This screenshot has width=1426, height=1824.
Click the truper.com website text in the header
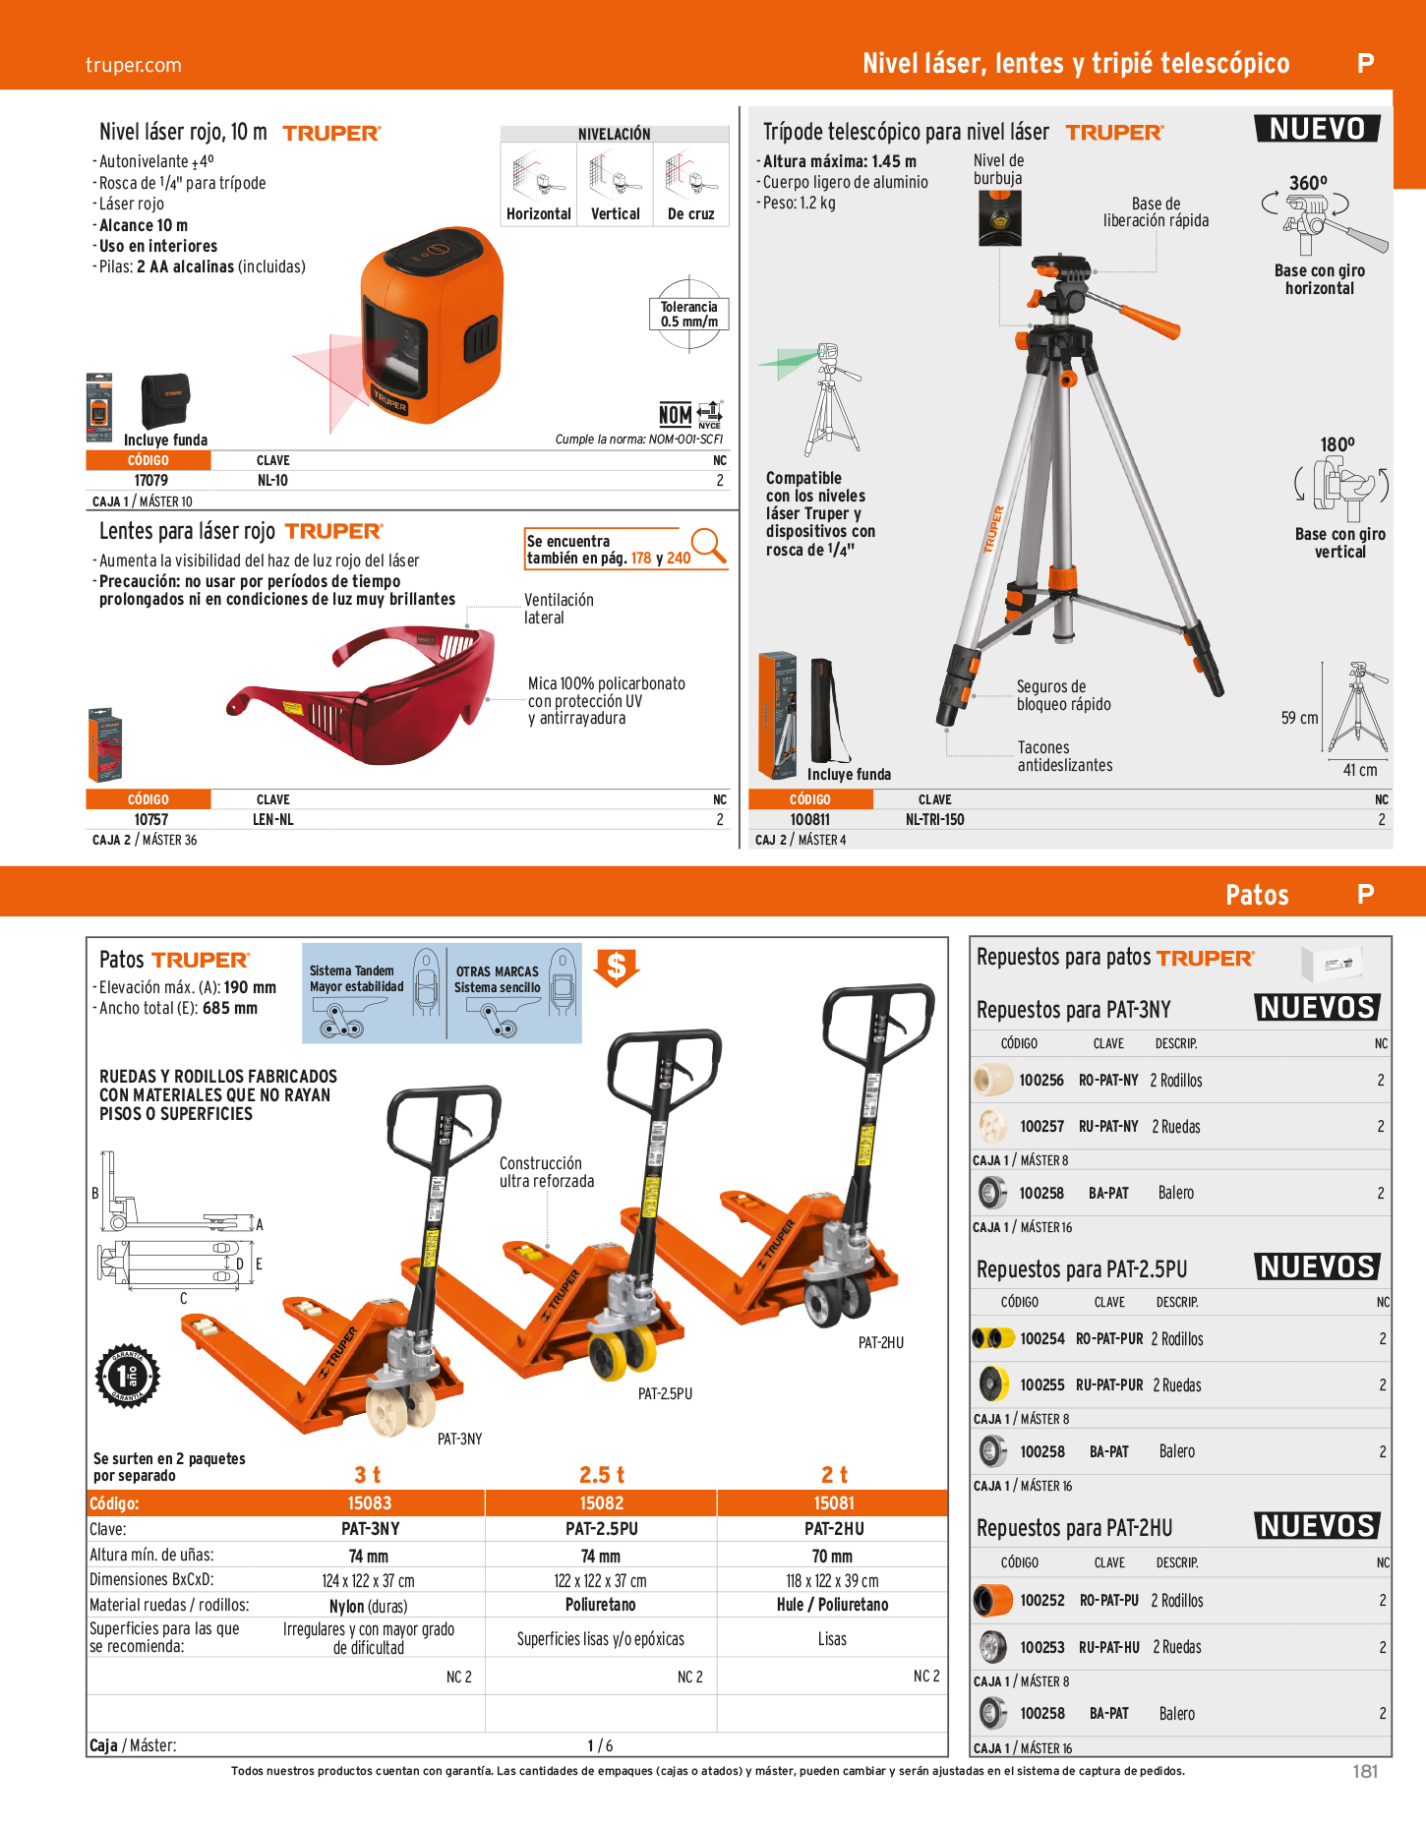tap(134, 65)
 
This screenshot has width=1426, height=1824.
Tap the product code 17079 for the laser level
tap(150, 481)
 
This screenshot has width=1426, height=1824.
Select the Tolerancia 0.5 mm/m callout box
tap(689, 314)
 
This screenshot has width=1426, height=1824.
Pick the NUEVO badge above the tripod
tap(1317, 129)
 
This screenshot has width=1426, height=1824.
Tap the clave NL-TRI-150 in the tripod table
tap(934, 819)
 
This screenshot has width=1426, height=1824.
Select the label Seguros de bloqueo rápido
tap(1063, 695)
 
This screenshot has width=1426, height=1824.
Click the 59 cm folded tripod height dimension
tap(1299, 718)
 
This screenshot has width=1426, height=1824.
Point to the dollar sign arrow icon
tap(617, 968)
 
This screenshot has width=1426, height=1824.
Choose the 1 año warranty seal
tap(127, 1375)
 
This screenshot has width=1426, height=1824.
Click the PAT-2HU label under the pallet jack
tap(880, 1343)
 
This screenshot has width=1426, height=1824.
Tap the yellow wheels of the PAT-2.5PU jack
tap(623, 1354)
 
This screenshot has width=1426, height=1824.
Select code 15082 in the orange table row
tap(602, 1502)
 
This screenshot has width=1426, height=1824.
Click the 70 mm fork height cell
tap(832, 1557)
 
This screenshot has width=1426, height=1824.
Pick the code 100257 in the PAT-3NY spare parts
tap(1041, 1126)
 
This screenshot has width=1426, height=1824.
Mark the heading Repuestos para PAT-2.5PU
tap(1082, 1269)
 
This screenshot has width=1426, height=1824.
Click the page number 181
tap(1365, 1771)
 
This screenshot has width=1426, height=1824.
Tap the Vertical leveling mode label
tap(616, 213)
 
